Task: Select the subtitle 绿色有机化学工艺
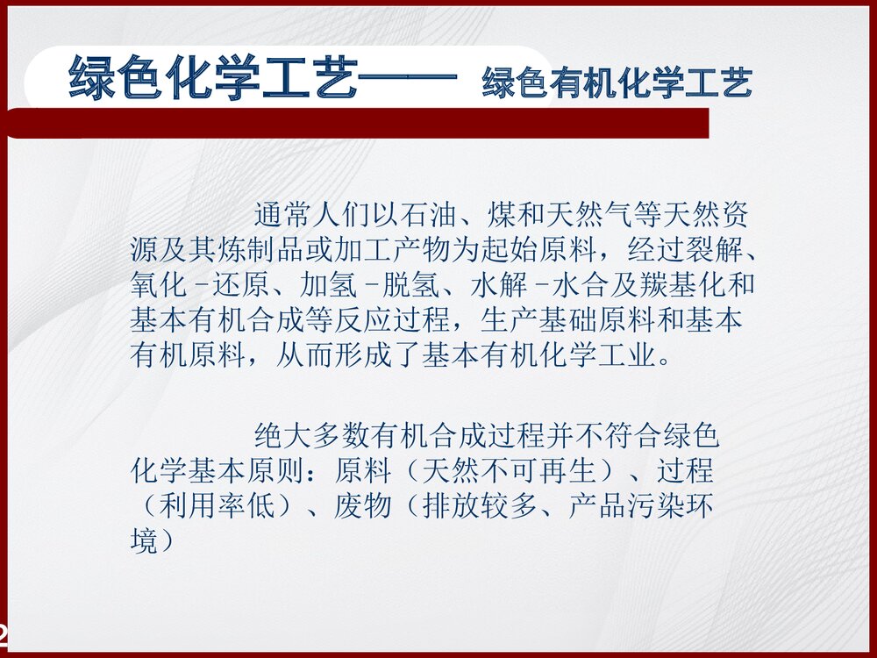(617, 83)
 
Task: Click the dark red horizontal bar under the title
(368, 124)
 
